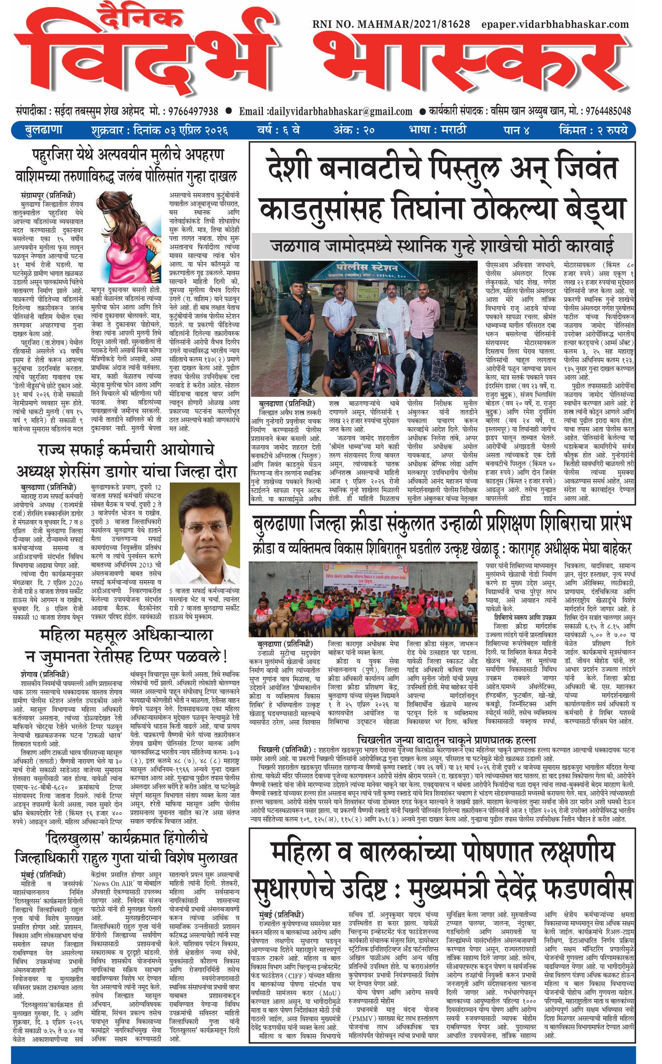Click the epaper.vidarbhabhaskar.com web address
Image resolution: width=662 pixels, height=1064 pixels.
pos(555,24)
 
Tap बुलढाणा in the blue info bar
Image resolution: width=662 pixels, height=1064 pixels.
pos(43,130)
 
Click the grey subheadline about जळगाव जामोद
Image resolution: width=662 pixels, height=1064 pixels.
pos(442,246)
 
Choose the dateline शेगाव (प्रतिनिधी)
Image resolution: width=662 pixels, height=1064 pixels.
pos(45,675)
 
